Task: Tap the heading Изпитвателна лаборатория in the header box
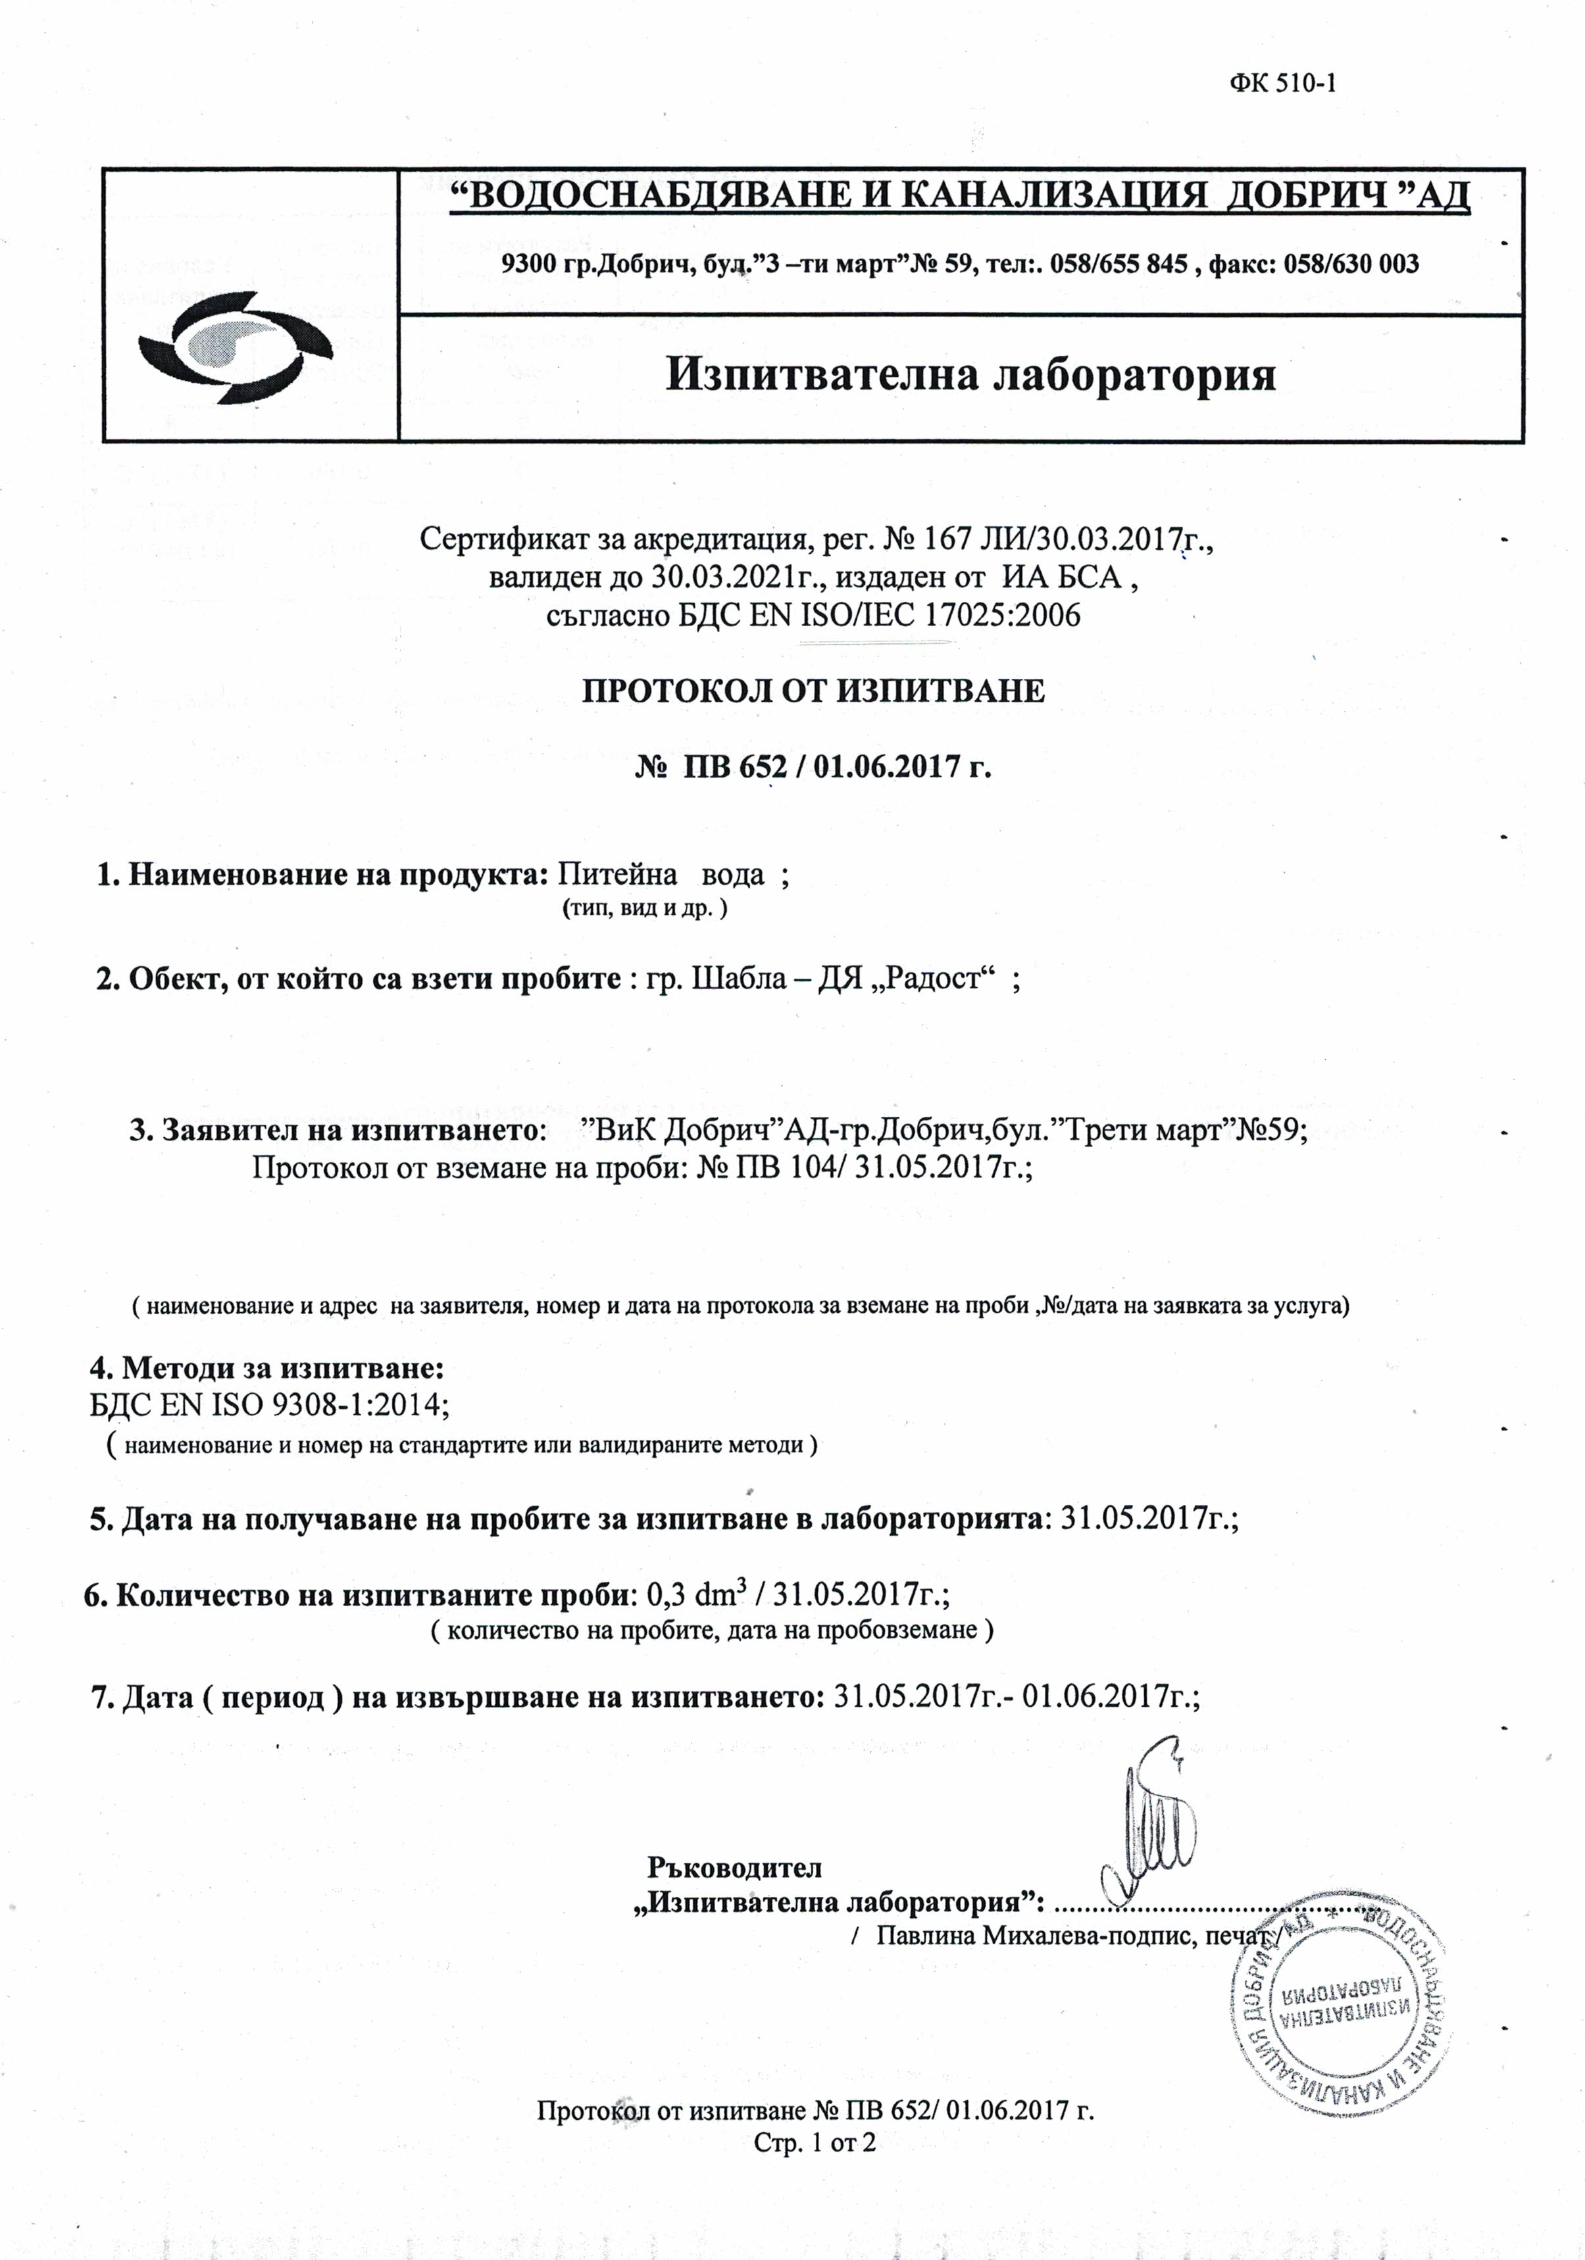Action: click(970, 375)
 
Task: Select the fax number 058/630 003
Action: click(1351, 264)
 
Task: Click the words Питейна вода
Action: click(661, 874)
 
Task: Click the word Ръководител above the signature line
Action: click(734, 1867)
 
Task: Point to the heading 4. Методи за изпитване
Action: click(268, 1368)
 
